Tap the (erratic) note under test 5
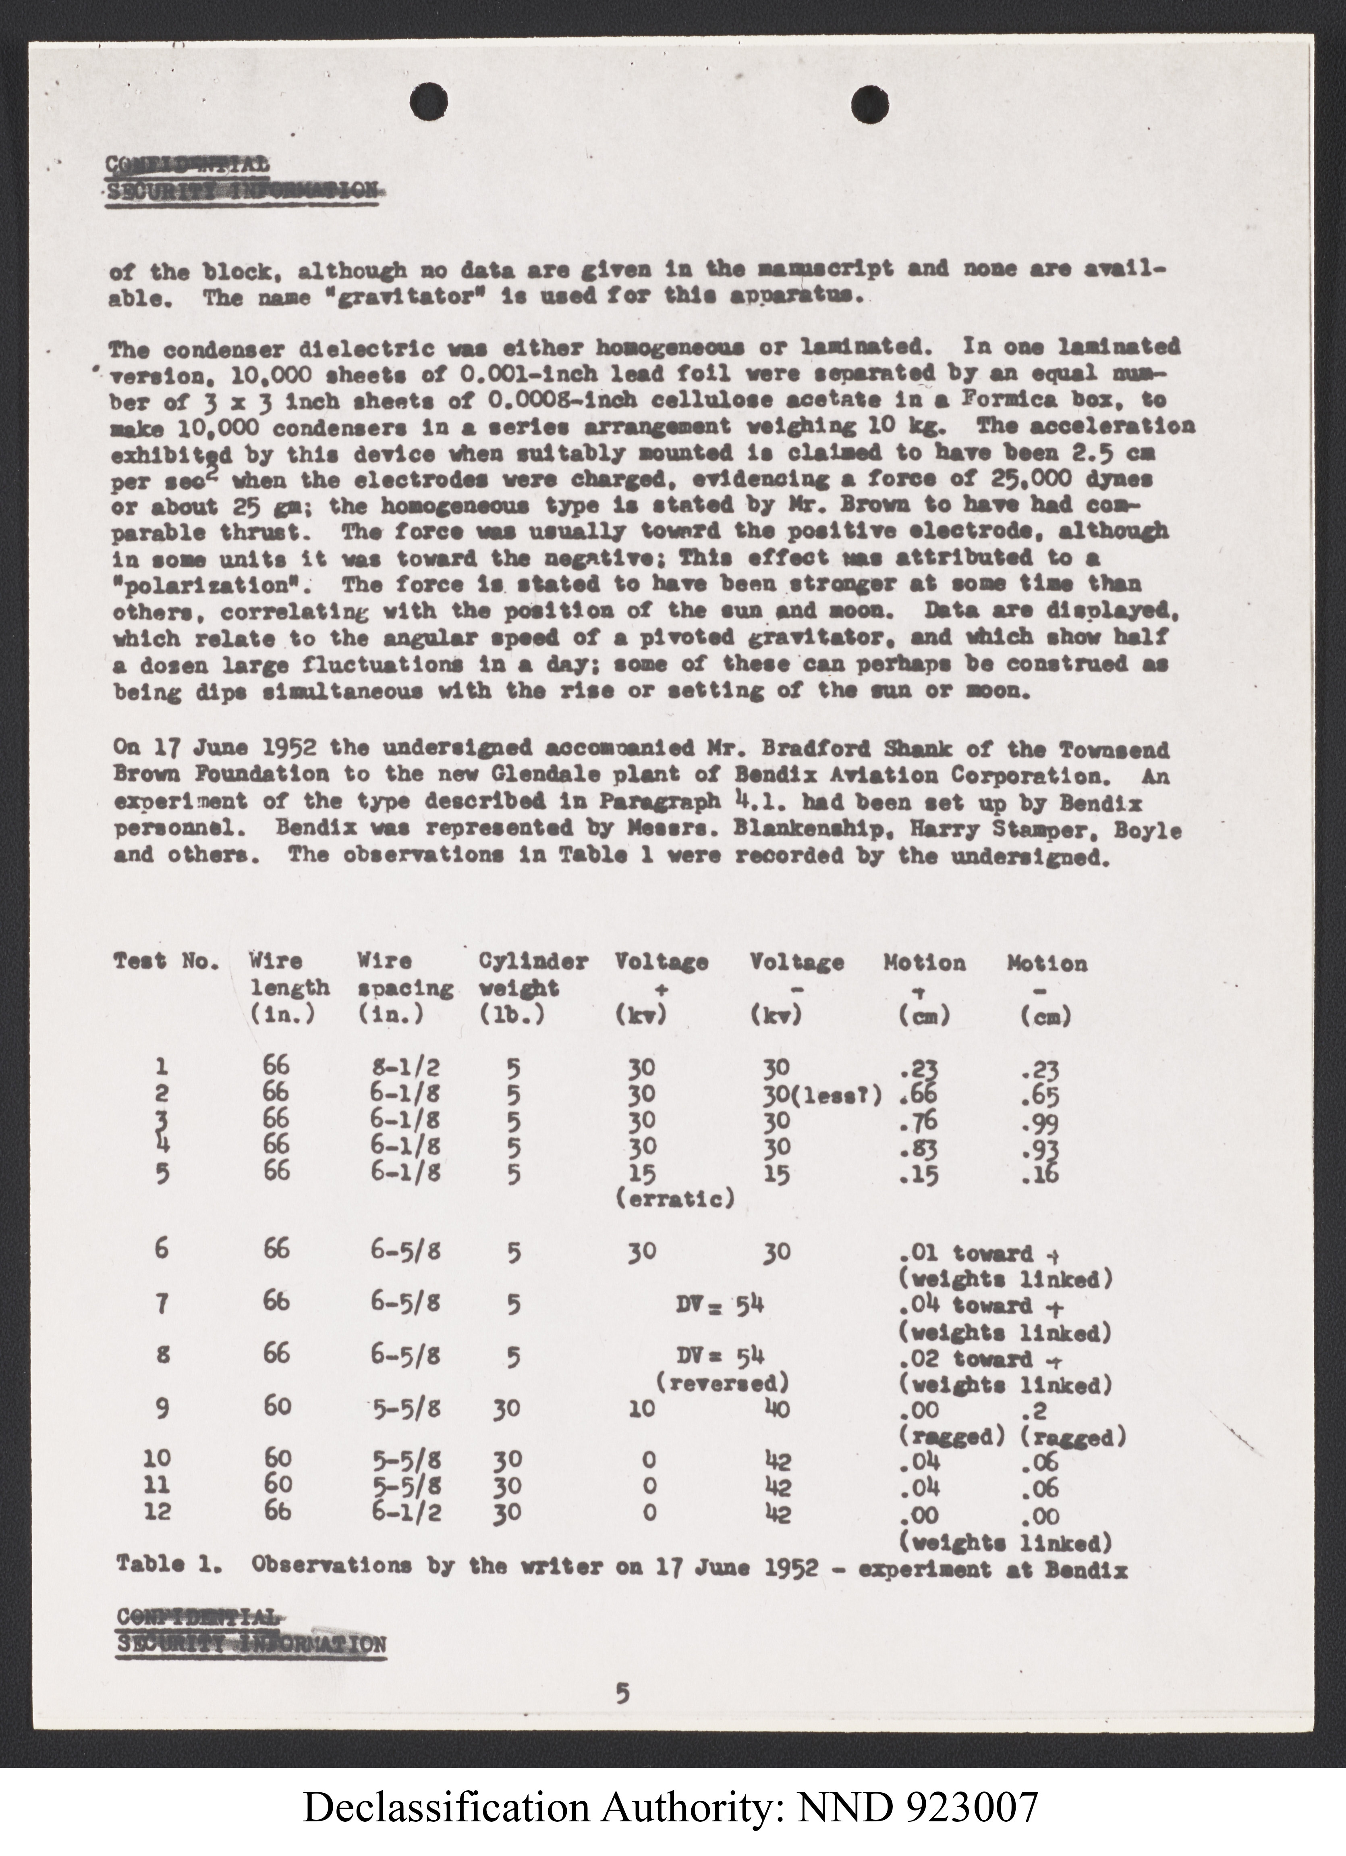point(674,1200)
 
